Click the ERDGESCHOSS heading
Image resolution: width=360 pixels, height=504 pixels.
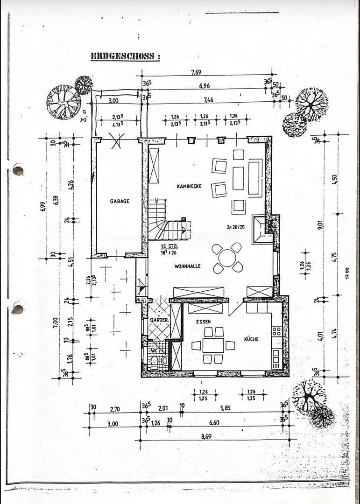pos(125,56)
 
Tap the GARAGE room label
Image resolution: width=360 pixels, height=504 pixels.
pos(120,201)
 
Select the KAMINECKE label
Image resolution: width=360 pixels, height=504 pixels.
pos(189,186)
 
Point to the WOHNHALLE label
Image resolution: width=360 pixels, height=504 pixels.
pos(187,266)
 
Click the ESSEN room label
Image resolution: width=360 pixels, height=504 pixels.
pos(203,322)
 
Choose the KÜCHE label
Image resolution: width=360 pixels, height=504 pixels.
pos(251,339)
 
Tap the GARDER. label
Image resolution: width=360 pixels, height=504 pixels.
pos(159,321)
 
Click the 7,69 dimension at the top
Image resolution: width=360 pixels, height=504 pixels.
pos(197,72)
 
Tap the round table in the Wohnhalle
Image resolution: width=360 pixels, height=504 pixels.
pos(227,258)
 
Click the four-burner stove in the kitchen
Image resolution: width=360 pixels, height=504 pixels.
pos(276,331)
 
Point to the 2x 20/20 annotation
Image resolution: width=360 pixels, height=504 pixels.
pos(235,227)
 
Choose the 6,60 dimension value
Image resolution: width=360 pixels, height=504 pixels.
pos(214,422)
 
